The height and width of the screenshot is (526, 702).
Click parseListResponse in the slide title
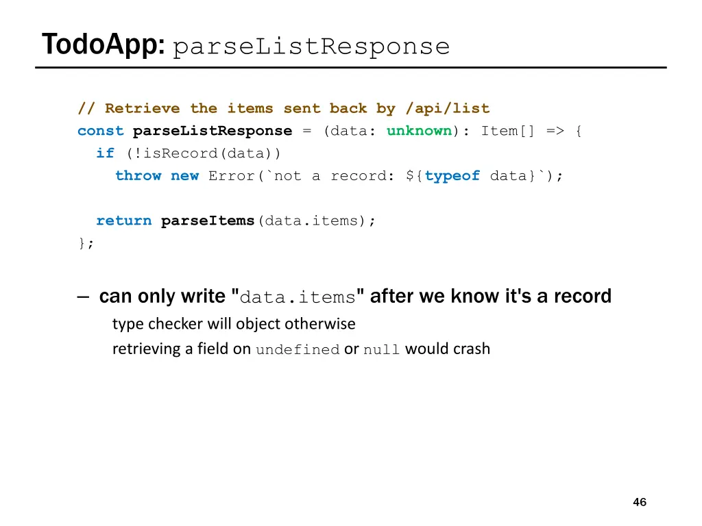pyautogui.click(x=311, y=47)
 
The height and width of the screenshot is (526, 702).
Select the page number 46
pyautogui.click(x=639, y=502)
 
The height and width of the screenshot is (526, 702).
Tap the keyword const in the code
pyautogui.click(x=100, y=131)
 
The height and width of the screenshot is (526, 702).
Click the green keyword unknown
pyautogui.click(x=419, y=131)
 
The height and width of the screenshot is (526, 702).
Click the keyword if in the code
pyautogui.click(x=105, y=153)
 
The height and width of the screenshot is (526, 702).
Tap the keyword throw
pyautogui.click(x=138, y=176)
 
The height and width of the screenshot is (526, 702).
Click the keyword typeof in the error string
pyautogui.click(x=452, y=176)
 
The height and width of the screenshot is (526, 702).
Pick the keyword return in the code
pyautogui.click(x=123, y=221)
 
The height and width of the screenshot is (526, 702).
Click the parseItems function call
pyautogui.click(x=207, y=221)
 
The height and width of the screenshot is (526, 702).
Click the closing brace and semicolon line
pyautogui.click(x=86, y=243)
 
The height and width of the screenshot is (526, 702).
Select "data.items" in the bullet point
pyautogui.click(x=298, y=297)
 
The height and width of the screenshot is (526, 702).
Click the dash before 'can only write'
pyautogui.click(x=83, y=297)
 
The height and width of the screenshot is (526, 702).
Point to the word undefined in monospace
pyautogui.click(x=298, y=350)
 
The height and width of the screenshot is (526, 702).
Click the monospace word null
pyautogui.click(x=381, y=350)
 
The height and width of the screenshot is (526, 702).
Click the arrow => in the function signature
pyautogui.click(x=556, y=131)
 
